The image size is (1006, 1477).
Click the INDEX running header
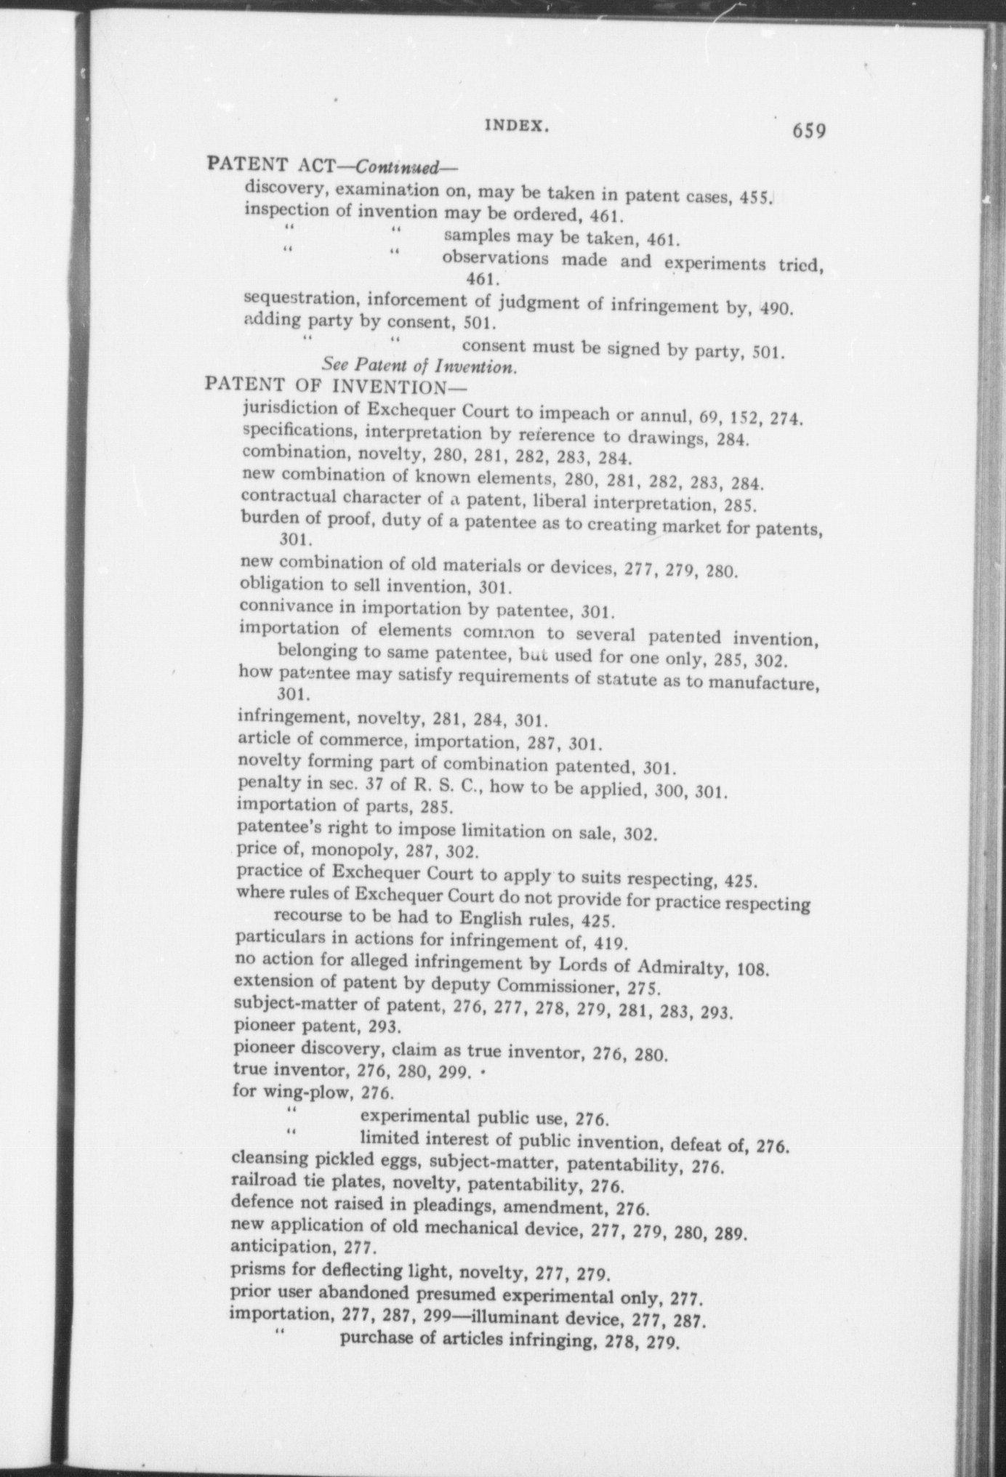pos(515,125)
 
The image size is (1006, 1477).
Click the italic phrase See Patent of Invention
pos(419,366)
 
